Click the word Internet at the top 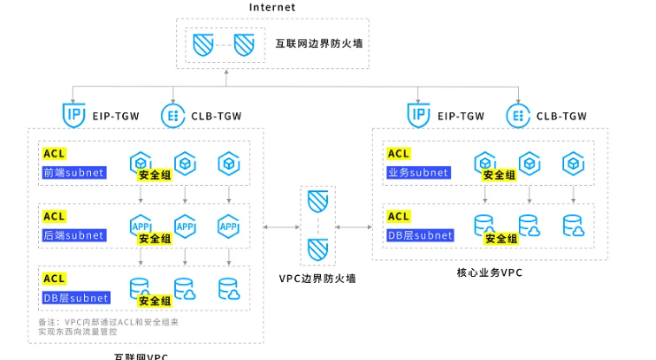272,7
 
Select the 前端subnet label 73,172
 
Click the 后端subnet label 73,236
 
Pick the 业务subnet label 418,172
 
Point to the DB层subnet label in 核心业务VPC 420,236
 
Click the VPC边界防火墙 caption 317,279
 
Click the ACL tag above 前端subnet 54,154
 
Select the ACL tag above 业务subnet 399,154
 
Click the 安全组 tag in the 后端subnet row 155,239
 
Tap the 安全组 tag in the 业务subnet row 500,175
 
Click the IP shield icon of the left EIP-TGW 74,115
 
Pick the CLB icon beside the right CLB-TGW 517,115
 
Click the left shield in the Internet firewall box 203,43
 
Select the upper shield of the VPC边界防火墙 317,203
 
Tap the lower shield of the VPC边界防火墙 317,249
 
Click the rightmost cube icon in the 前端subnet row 228,163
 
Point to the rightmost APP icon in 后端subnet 228,226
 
